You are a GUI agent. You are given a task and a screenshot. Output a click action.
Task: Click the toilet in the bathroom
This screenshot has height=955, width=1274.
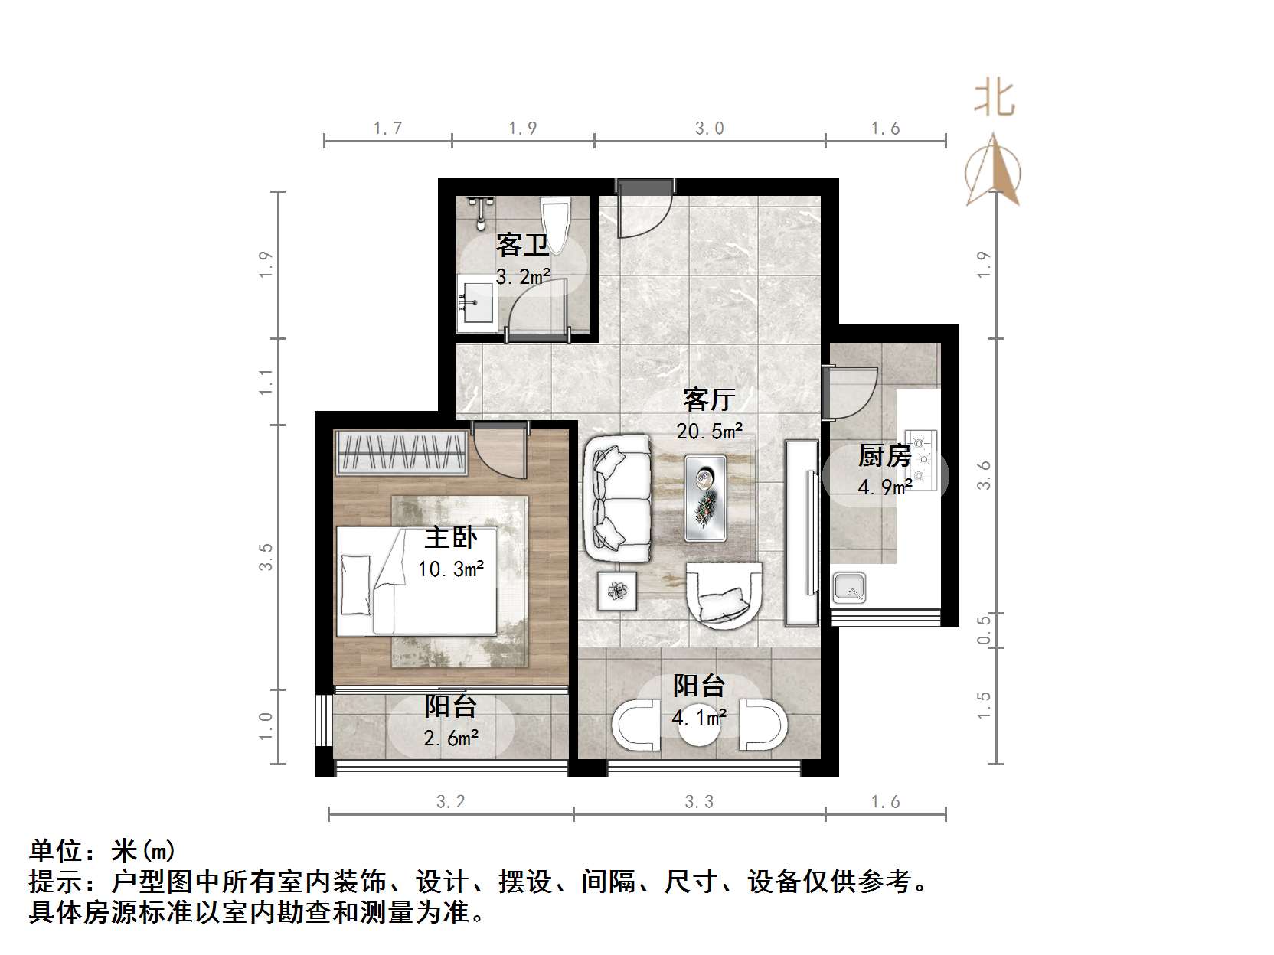(x=554, y=223)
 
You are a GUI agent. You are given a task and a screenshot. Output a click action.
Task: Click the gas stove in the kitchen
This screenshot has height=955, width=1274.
(x=923, y=458)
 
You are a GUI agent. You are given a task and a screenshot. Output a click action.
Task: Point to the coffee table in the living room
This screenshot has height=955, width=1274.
(x=705, y=497)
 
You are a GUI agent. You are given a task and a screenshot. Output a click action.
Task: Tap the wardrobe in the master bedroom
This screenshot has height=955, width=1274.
(x=402, y=453)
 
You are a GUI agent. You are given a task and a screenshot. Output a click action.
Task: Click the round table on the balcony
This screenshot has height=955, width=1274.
(x=698, y=731)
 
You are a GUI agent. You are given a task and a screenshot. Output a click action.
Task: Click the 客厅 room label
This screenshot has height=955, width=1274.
(x=709, y=399)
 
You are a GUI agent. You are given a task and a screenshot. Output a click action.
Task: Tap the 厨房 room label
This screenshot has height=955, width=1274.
(x=884, y=456)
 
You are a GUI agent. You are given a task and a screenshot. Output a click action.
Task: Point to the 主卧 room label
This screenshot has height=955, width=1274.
(x=451, y=537)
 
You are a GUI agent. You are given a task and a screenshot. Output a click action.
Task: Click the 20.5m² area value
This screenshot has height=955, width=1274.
(x=710, y=431)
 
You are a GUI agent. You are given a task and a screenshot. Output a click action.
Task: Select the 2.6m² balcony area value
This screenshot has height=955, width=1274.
(x=452, y=738)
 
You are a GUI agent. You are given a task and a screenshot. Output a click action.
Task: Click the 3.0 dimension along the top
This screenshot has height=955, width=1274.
(x=709, y=129)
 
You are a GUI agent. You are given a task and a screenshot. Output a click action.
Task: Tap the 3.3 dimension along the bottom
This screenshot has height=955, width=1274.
(x=698, y=801)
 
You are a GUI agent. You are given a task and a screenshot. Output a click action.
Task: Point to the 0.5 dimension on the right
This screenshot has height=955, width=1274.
(x=985, y=630)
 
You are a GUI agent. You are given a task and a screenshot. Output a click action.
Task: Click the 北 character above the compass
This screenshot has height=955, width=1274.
(x=995, y=99)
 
